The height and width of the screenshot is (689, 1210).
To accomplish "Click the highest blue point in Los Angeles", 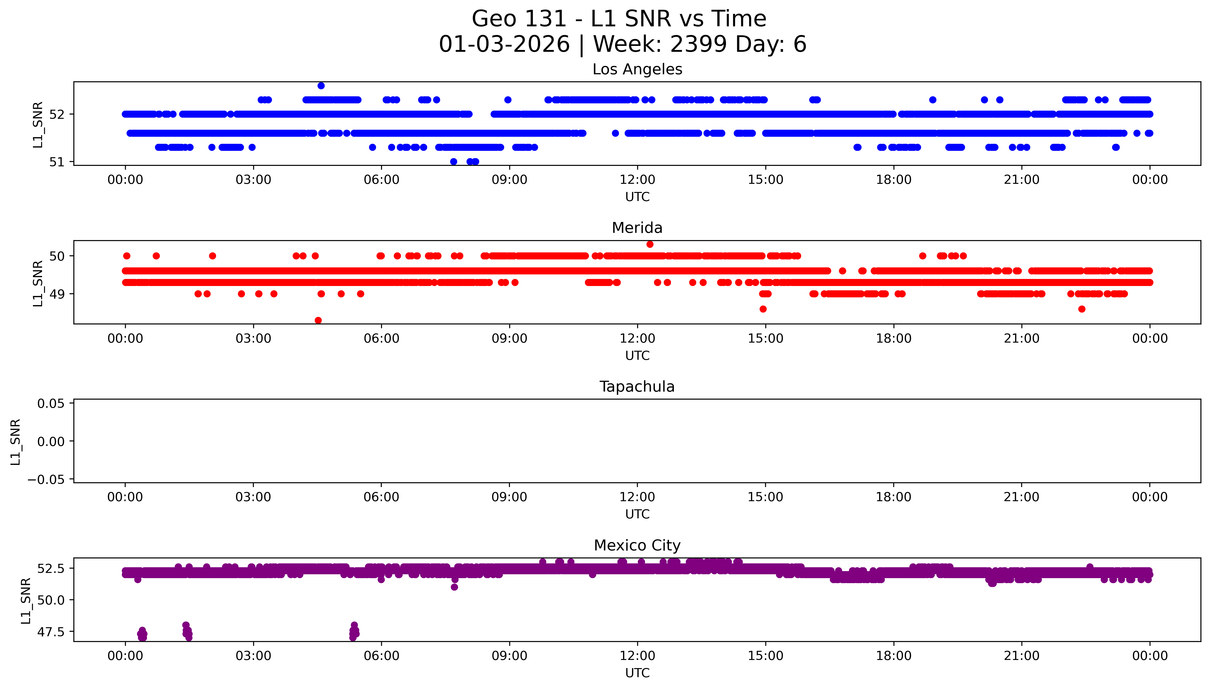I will coord(321,86).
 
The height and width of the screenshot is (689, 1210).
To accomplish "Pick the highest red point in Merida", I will coord(650,244).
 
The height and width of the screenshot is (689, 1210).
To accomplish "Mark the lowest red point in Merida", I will coord(318,320).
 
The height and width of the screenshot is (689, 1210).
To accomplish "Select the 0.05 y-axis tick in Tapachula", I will coord(51,404).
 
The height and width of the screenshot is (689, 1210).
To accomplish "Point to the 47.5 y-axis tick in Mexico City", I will coord(51,632).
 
